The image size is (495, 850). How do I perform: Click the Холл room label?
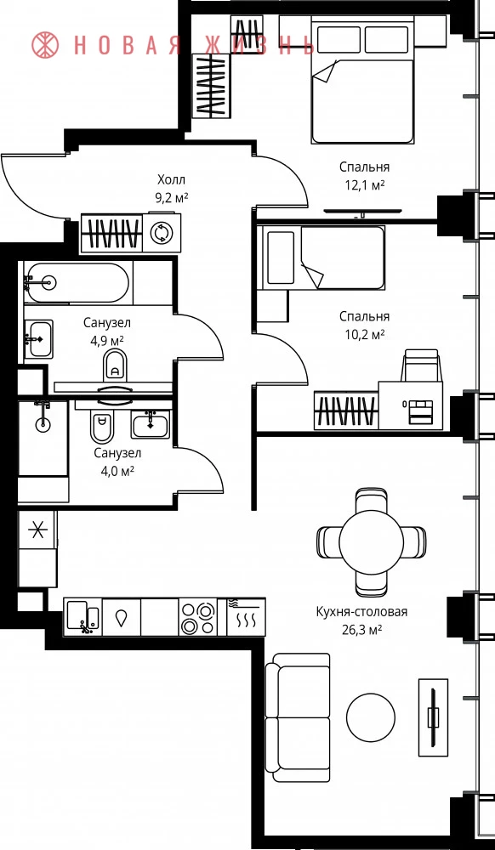click(x=171, y=179)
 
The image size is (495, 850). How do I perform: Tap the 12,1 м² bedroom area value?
click(x=364, y=185)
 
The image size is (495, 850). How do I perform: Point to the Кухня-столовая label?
click(x=361, y=612)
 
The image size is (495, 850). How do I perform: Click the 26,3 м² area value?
click(x=361, y=629)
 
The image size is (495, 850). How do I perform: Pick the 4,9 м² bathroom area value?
click(x=107, y=341)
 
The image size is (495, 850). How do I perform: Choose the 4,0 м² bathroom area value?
click(x=114, y=471)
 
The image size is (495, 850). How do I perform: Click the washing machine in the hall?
click(x=161, y=233)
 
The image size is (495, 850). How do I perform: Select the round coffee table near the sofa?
click(x=370, y=717)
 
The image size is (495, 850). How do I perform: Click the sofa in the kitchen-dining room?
click(x=299, y=717)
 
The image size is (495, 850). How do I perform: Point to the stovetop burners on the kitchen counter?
click(x=198, y=617)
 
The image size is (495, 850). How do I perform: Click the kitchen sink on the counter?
click(x=83, y=617)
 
